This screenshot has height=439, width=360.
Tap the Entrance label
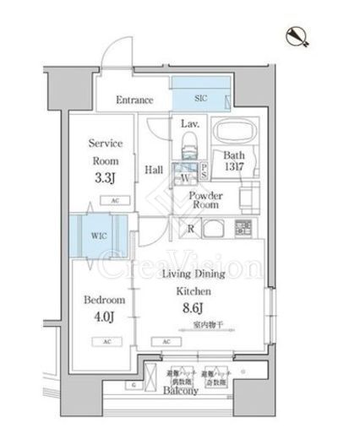coord(135,100)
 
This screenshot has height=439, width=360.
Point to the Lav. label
coord(189,123)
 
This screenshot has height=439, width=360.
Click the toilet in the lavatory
coord(190,144)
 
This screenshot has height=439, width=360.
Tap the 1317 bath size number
coord(233,168)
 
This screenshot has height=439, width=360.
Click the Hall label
coord(154,170)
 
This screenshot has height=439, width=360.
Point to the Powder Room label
coord(205,199)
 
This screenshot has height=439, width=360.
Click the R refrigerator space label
coord(192,227)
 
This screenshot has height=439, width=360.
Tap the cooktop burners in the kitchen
coord(243,228)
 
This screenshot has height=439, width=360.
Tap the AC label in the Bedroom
coord(106,341)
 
